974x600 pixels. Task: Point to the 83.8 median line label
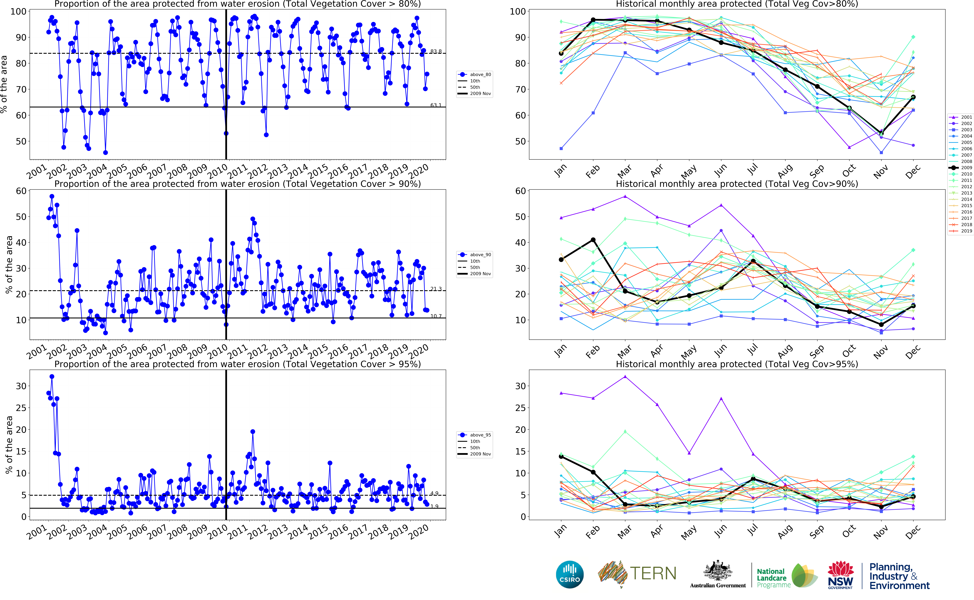pyautogui.click(x=436, y=52)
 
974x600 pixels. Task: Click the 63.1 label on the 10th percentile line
pyautogui.click(x=436, y=105)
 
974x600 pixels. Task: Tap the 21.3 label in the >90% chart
pyautogui.click(x=436, y=289)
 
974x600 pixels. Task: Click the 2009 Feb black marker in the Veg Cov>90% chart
pyautogui.click(x=593, y=240)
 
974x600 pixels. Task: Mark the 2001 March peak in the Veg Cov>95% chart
pyautogui.click(x=625, y=377)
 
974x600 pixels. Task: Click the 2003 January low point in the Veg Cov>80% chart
pyautogui.click(x=561, y=148)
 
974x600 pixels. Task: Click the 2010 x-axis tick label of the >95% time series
pyautogui.click(x=218, y=532)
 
